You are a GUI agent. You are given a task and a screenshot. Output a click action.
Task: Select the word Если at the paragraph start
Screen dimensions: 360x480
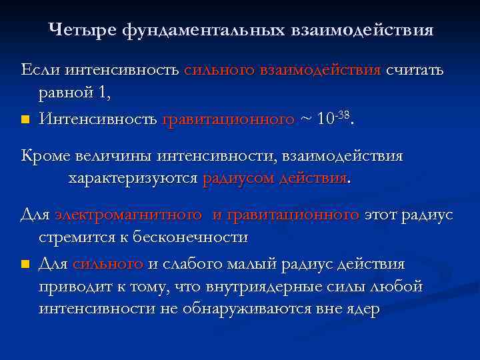pos(37,70)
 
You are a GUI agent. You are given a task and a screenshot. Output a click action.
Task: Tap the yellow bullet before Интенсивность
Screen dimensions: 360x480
pos(25,120)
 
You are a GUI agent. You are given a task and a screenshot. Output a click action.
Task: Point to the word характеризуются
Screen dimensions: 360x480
pos(133,179)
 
